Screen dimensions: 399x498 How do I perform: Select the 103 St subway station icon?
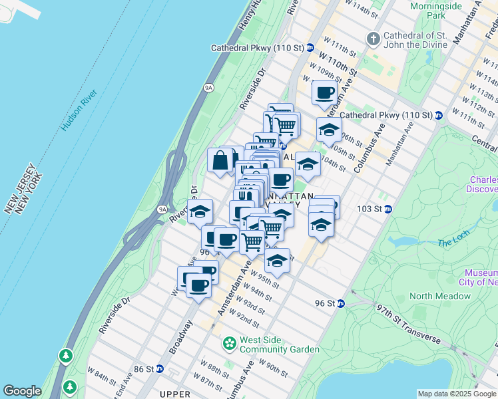(388, 209)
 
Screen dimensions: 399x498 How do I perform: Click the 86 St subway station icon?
(159, 368)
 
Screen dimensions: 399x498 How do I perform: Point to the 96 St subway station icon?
(340, 303)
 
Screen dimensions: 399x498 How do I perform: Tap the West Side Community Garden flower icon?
(230, 344)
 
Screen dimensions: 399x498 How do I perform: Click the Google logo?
(22, 391)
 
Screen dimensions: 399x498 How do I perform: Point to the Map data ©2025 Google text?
(457, 394)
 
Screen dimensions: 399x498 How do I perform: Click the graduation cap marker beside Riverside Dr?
(198, 212)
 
